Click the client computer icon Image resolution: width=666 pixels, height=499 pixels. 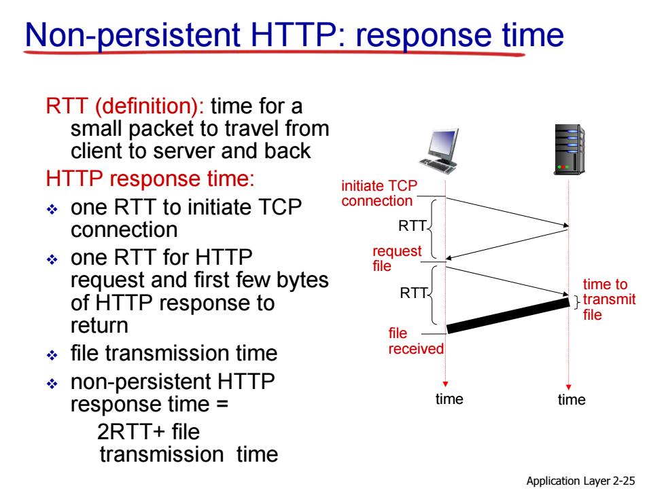439,151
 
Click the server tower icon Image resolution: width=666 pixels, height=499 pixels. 569,149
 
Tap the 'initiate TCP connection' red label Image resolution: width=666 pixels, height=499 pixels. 379,193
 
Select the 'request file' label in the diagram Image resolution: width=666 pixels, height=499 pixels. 397,258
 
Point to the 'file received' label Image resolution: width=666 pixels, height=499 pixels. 416,341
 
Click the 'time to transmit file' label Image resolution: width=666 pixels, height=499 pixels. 609,299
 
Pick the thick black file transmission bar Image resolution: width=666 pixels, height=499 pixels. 508,315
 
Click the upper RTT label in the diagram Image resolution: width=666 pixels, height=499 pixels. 412,225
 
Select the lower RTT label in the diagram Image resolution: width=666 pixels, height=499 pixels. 413,293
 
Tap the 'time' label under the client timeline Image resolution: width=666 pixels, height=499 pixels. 449,399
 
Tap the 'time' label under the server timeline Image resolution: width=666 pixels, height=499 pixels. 572,399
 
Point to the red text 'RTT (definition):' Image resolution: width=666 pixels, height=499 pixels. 125,106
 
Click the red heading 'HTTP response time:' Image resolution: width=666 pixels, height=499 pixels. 150,178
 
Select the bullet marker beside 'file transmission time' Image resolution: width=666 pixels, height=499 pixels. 52,354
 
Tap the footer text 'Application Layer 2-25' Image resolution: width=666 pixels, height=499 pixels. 580,481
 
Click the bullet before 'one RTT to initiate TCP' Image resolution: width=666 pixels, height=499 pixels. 52,209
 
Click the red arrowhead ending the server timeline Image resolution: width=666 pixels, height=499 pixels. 569,388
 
